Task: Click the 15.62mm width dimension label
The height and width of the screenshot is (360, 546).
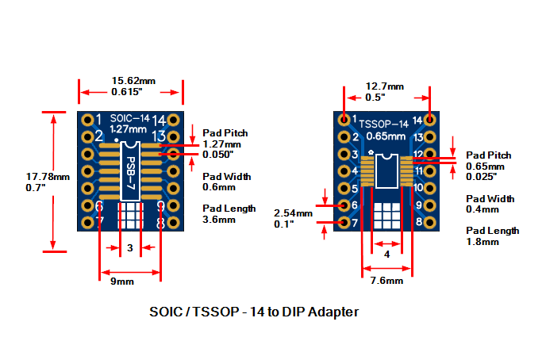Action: click(133, 81)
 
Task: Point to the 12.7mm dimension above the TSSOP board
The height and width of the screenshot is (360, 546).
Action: click(385, 86)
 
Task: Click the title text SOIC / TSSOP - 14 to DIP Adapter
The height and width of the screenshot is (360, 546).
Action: click(254, 312)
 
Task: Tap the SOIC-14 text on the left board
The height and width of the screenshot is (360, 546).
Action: click(128, 118)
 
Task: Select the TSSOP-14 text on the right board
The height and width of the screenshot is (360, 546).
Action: click(384, 124)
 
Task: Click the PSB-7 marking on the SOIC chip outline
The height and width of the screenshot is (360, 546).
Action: click(130, 173)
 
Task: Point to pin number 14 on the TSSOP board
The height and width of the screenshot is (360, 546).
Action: click(417, 121)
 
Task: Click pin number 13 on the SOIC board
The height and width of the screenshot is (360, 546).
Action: click(159, 136)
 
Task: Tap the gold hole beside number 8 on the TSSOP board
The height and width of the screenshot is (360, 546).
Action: click(430, 223)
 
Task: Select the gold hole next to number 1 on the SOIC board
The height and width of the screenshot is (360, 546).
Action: click(87, 120)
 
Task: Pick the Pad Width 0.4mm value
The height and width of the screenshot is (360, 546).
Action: click(483, 209)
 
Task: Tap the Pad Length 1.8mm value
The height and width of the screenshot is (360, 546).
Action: click(483, 241)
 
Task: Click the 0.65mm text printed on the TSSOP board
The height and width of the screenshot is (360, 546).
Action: click(384, 136)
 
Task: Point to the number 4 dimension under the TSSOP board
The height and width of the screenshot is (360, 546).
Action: click(386, 255)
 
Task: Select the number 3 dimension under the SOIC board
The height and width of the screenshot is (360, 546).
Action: click(129, 248)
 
